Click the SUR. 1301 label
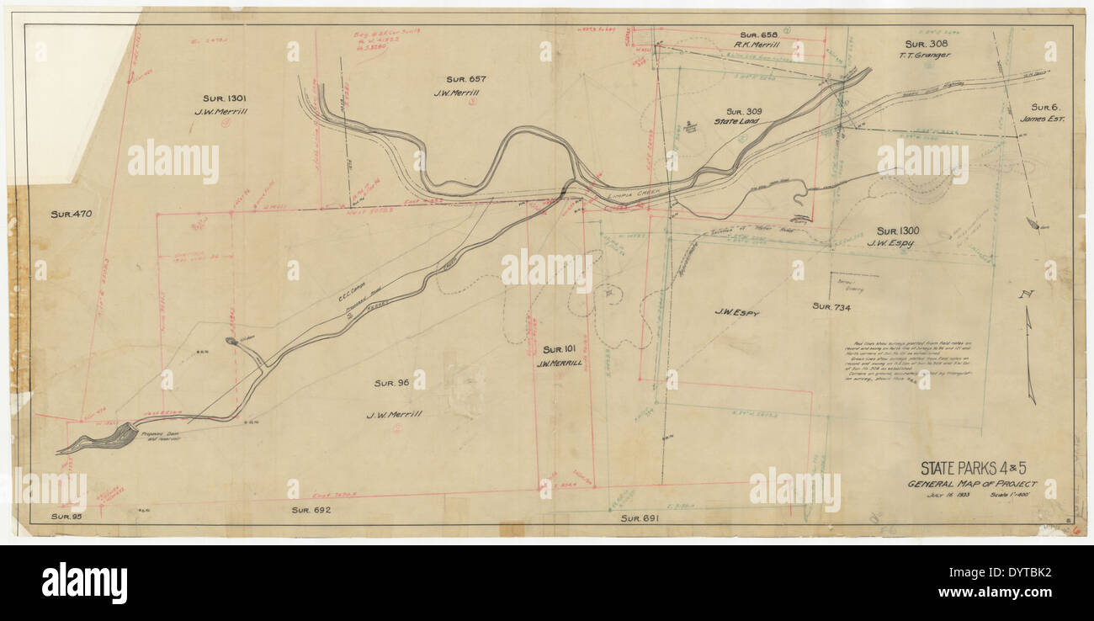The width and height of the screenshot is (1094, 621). (x=225, y=98)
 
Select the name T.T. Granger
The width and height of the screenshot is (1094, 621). (x=927, y=56)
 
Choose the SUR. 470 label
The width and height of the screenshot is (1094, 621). (x=71, y=215)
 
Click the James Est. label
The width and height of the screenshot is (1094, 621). (x=1043, y=119)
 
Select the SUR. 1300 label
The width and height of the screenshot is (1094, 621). (x=898, y=231)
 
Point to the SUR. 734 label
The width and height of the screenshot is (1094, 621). (x=831, y=307)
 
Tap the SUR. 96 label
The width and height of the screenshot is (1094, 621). (x=391, y=384)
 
